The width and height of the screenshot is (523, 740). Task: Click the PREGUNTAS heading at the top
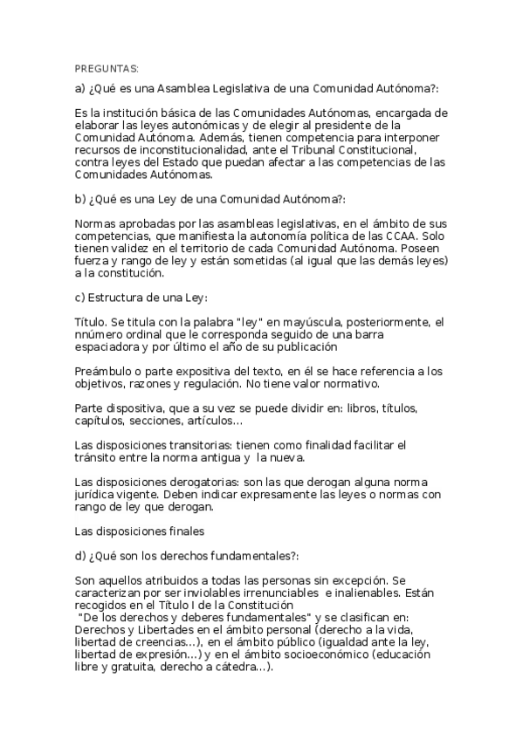click(107, 68)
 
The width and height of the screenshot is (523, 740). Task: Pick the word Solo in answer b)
click(434, 236)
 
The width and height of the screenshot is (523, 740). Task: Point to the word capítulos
click(100, 421)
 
